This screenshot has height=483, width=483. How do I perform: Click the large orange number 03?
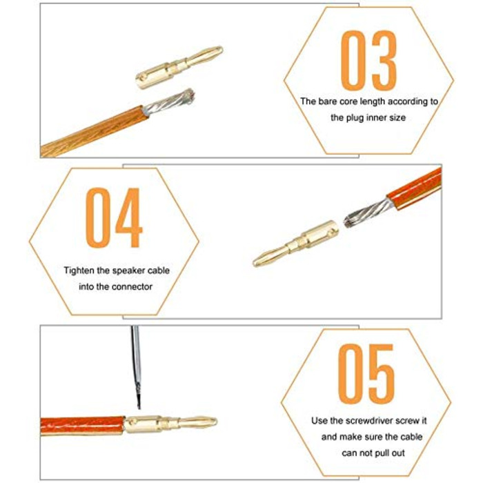pyautogui.click(x=368, y=61)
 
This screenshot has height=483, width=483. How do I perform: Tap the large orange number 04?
pyautogui.click(x=114, y=218)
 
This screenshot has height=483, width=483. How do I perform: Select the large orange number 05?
pyautogui.click(x=366, y=374)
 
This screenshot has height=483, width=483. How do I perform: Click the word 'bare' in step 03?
pyautogui.click(x=328, y=101)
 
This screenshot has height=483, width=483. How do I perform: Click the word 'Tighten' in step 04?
pyautogui.click(x=79, y=270)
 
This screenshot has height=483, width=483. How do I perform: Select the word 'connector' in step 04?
pyautogui.click(x=132, y=287)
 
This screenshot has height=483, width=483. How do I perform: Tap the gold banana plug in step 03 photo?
pyautogui.click(x=179, y=67)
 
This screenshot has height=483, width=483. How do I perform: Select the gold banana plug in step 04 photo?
pyautogui.click(x=296, y=243)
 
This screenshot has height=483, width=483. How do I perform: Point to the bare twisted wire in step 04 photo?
pyautogui.click(x=368, y=213)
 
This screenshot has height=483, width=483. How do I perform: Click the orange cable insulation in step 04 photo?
pyautogui.click(x=414, y=188)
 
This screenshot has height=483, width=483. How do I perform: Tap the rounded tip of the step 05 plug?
pyautogui.click(x=213, y=422)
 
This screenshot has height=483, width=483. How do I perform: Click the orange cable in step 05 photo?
pyautogui.click(x=83, y=426)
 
